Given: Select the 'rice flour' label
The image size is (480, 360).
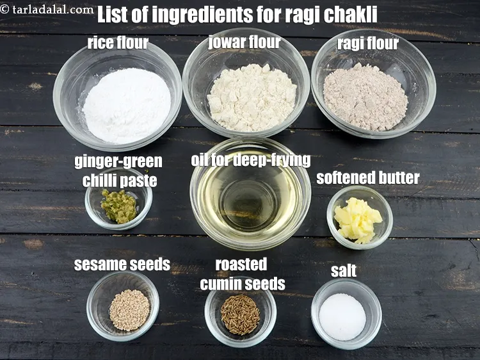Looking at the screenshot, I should click(118, 43).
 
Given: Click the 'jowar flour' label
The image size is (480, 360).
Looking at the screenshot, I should click(244, 42).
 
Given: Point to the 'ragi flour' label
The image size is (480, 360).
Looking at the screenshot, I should click(367, 44).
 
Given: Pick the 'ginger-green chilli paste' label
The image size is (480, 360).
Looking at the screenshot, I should click(119, 170).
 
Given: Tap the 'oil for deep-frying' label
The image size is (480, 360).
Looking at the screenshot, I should click(251, 160).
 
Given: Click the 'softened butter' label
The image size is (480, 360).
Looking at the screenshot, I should click(367, 177).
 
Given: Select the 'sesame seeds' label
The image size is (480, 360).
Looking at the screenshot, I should click(122, 264).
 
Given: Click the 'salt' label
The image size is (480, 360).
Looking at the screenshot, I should click(344, 270).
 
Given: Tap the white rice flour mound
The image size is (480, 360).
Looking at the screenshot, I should click(127, 105).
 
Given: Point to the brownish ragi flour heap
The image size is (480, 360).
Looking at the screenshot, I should click(365, 97).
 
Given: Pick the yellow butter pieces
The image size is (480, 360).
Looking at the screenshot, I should click(358, 220).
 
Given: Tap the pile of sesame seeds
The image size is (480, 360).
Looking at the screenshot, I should click(129, 309).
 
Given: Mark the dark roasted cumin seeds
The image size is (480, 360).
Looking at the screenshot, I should click(240, 314).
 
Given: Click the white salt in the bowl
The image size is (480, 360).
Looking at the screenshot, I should click(343, 316).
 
